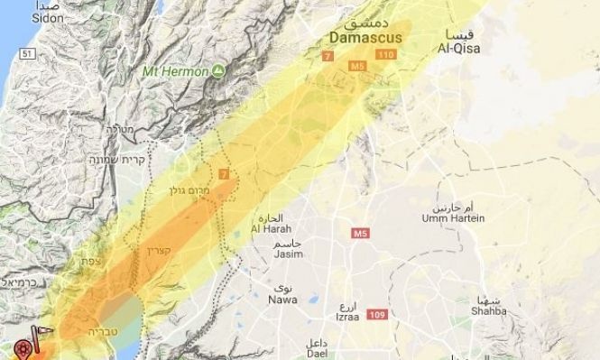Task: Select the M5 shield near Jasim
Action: [361, 235]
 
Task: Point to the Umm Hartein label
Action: [452, 218]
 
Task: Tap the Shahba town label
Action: [487, 310]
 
